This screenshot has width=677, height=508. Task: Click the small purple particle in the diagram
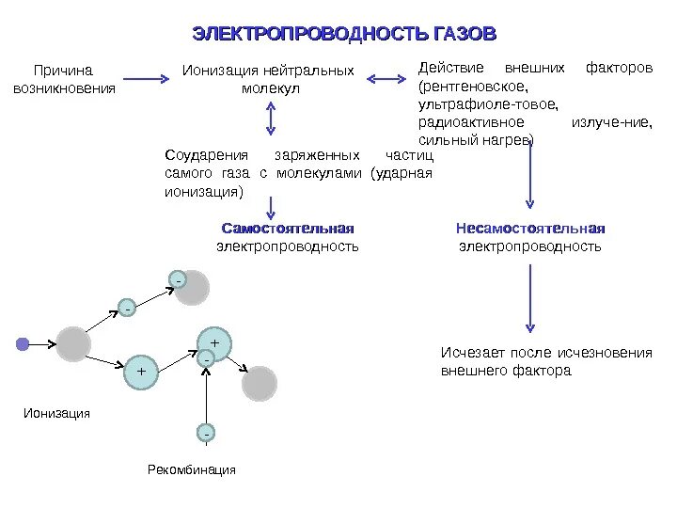pos(23,344)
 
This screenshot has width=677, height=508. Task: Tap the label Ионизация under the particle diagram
pos(56,413)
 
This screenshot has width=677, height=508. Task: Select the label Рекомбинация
pos(191,469)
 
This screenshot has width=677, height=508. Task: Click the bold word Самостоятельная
pos(288,229)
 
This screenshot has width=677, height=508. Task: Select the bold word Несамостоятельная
pos(529,229)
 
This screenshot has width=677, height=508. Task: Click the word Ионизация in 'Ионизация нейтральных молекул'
pos(222,71)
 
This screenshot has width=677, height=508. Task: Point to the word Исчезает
pos(471,353)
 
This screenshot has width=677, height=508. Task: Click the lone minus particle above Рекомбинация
pos(206,433)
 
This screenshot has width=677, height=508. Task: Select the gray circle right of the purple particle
pos(72,344)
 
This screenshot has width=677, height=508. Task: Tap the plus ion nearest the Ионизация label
pos(141,372)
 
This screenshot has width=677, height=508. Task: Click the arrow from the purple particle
pos(42,344)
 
